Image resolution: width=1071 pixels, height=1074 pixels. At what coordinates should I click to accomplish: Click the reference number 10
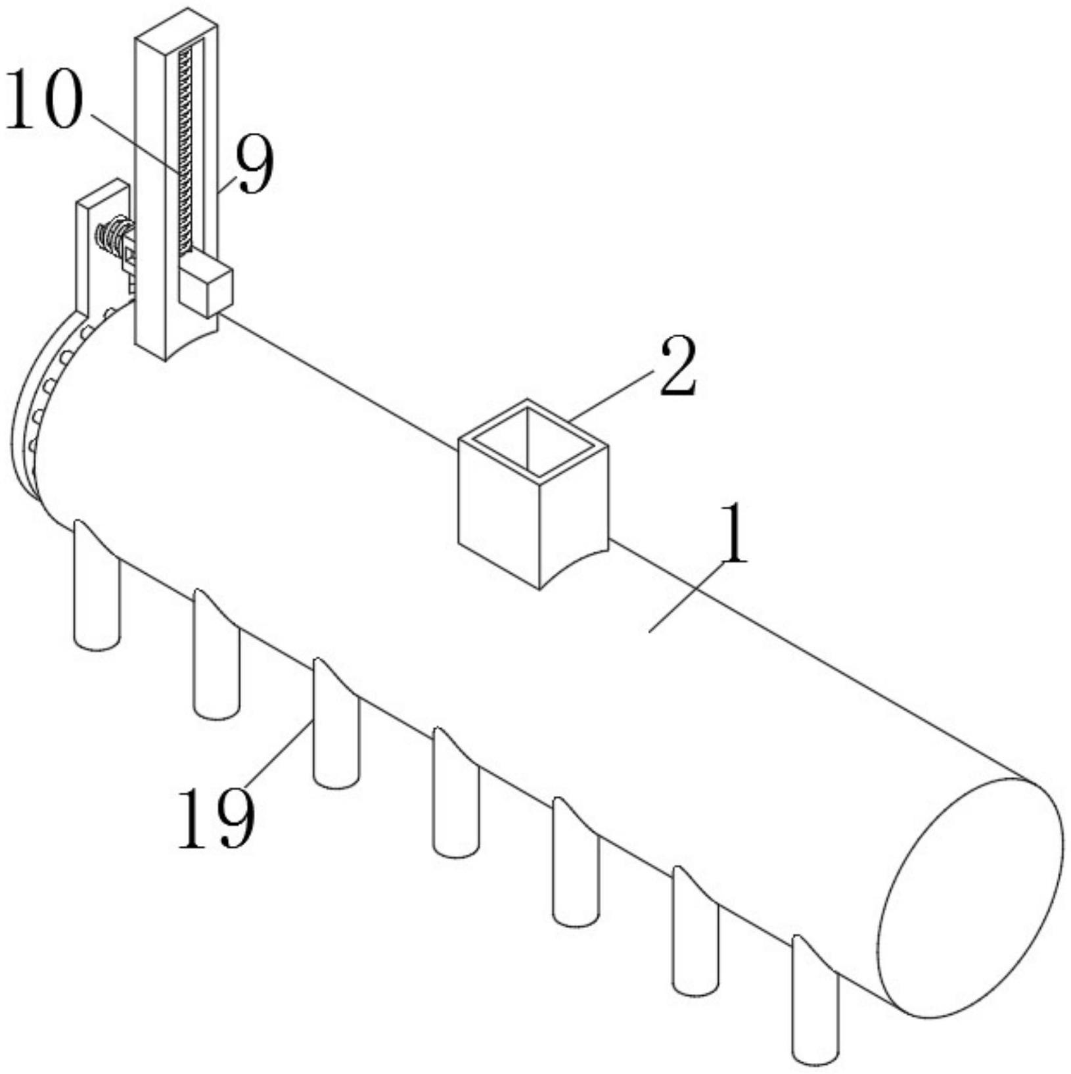click(x=44, y=100)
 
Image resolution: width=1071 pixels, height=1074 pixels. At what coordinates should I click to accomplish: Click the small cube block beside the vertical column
click(x=206, y=288)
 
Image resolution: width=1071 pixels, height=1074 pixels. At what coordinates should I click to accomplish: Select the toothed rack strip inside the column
click(x=185, y=151)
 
